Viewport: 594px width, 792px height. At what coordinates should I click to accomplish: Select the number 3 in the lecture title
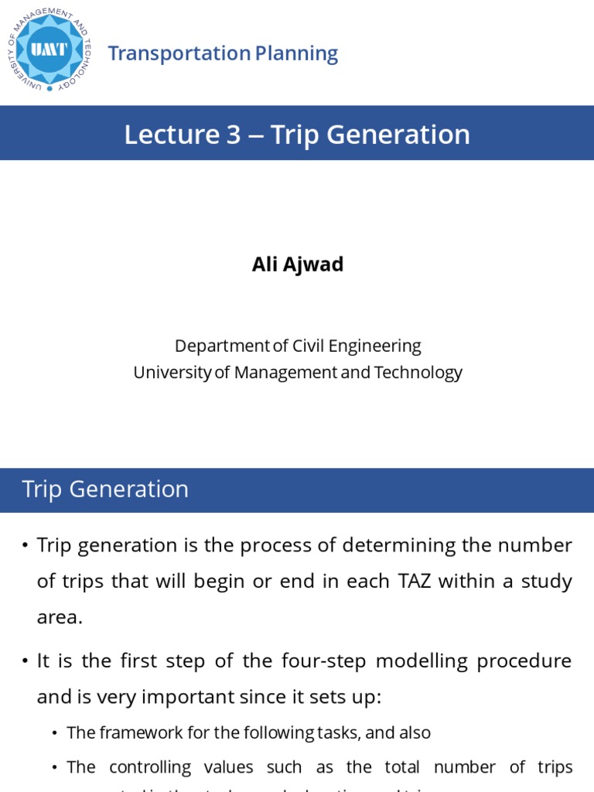234,135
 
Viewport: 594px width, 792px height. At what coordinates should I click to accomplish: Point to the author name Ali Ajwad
297,265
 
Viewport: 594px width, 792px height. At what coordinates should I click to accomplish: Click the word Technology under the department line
418,372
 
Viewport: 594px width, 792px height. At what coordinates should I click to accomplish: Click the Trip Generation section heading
105,489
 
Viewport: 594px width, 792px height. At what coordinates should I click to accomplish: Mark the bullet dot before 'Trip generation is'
26,546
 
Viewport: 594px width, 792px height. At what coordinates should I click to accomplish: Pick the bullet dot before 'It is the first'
26,662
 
